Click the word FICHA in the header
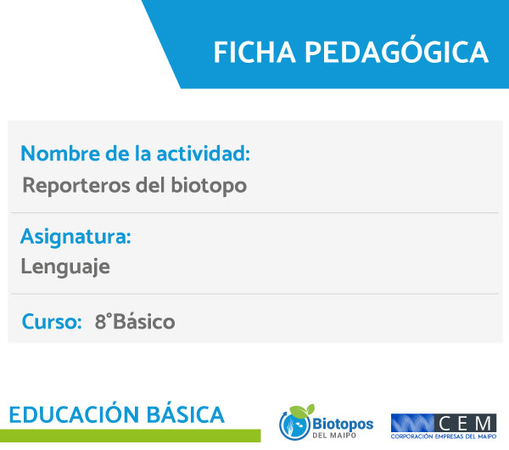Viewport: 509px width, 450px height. [255, 52]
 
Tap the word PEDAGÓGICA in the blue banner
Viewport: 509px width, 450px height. [396, 51]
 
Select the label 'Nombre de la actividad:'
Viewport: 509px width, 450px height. [136, 154]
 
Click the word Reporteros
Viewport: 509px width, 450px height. [76, 186]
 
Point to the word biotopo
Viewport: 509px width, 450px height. [209, 186]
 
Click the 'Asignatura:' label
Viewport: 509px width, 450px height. [76, 237]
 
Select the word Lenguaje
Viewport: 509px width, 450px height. [65, 267]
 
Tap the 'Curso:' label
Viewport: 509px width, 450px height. [52, 322]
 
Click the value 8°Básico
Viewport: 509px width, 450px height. [135, 322]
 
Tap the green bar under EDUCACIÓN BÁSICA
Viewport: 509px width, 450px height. [130, 436]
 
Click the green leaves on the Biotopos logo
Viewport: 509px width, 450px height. [302, 411]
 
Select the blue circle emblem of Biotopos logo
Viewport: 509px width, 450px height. [294, 425]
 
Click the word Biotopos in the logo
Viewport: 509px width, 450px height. [343, 425]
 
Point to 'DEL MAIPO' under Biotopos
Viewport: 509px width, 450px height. [334, 435]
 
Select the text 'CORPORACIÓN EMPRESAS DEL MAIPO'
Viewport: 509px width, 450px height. [444, 436]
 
